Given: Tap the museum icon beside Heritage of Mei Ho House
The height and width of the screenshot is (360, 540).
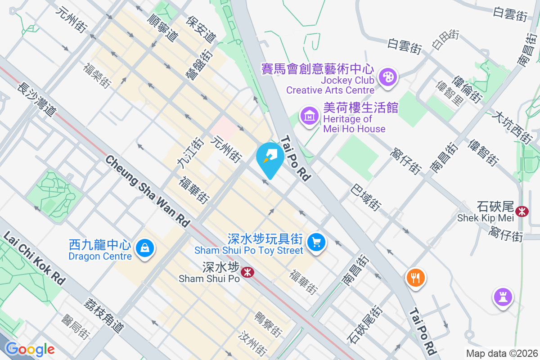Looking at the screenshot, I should point(310,116).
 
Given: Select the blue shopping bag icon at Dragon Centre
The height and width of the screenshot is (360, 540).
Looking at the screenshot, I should point(145,248).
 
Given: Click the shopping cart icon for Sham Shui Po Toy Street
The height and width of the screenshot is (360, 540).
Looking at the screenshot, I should point(316,243).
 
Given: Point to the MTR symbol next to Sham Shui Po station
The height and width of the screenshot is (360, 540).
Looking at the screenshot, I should point(247,272).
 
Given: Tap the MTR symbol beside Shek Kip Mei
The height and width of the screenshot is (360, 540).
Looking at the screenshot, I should point(522,211).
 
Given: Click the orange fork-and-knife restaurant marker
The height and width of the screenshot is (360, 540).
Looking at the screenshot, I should point(415,278).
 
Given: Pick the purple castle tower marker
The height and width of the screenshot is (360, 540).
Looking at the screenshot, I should point(503,297).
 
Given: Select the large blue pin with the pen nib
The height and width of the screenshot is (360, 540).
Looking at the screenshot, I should point(270,157).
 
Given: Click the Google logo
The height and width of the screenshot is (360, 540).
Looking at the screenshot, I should point(30,349).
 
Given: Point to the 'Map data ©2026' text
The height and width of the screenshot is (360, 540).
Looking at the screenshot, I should point(501,354).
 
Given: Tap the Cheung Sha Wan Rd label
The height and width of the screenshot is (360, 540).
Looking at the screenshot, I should point(148,191).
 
